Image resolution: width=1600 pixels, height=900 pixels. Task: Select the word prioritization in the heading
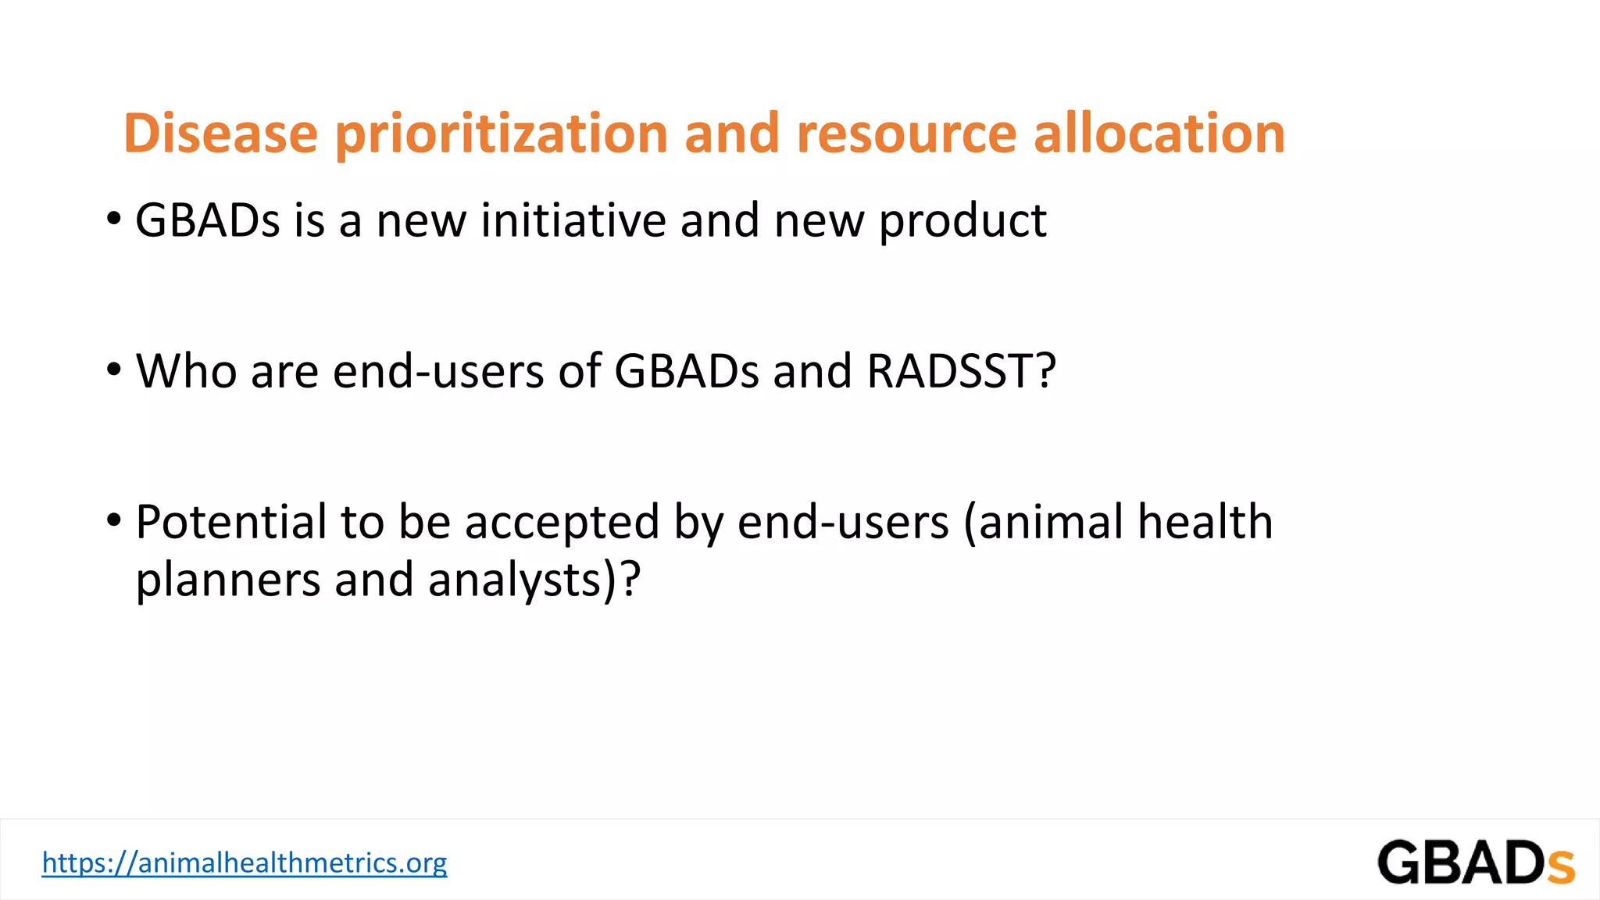[501, 134]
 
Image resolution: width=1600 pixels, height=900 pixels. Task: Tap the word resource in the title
[906, 134]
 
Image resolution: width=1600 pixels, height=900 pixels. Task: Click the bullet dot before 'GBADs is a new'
[114, 220]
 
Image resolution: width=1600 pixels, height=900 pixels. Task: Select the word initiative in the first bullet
[573, 220]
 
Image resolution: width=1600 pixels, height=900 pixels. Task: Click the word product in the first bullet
[962, 222]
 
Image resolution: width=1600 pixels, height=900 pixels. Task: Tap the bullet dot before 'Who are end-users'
[114, 370]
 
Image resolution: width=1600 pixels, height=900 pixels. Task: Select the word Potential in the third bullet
[230, 522]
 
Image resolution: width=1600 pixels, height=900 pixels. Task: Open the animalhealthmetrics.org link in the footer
[244, 862]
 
